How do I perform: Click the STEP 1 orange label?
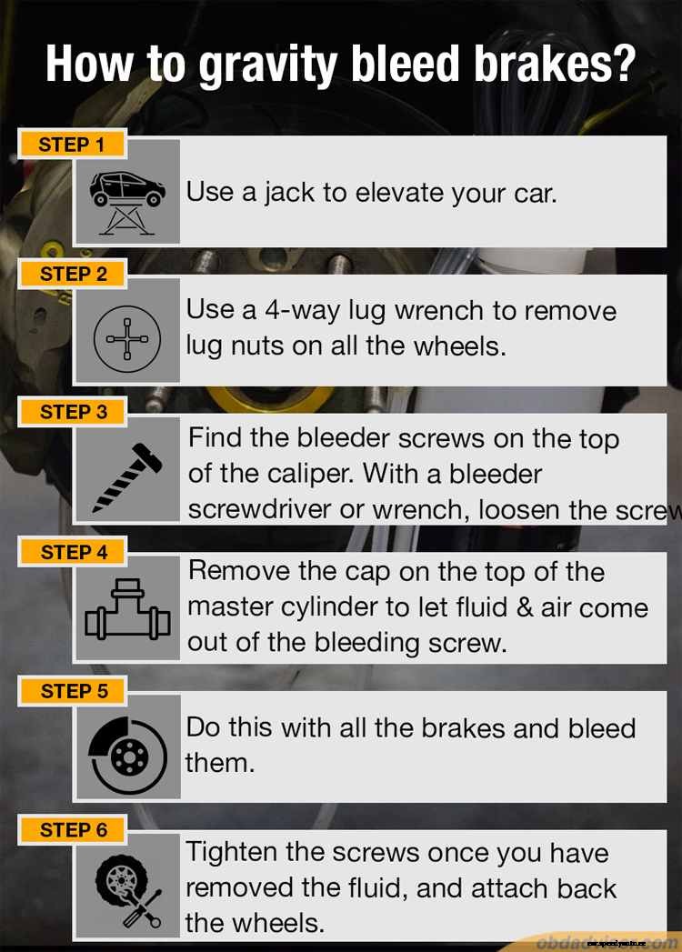[72, 145]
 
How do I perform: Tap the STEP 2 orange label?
[73, 274]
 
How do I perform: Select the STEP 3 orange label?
[73, 412]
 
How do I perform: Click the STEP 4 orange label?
[73, 552]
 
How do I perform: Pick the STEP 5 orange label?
[73, 691]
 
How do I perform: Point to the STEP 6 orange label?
[73, 830]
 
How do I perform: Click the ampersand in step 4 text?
[527, 607]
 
